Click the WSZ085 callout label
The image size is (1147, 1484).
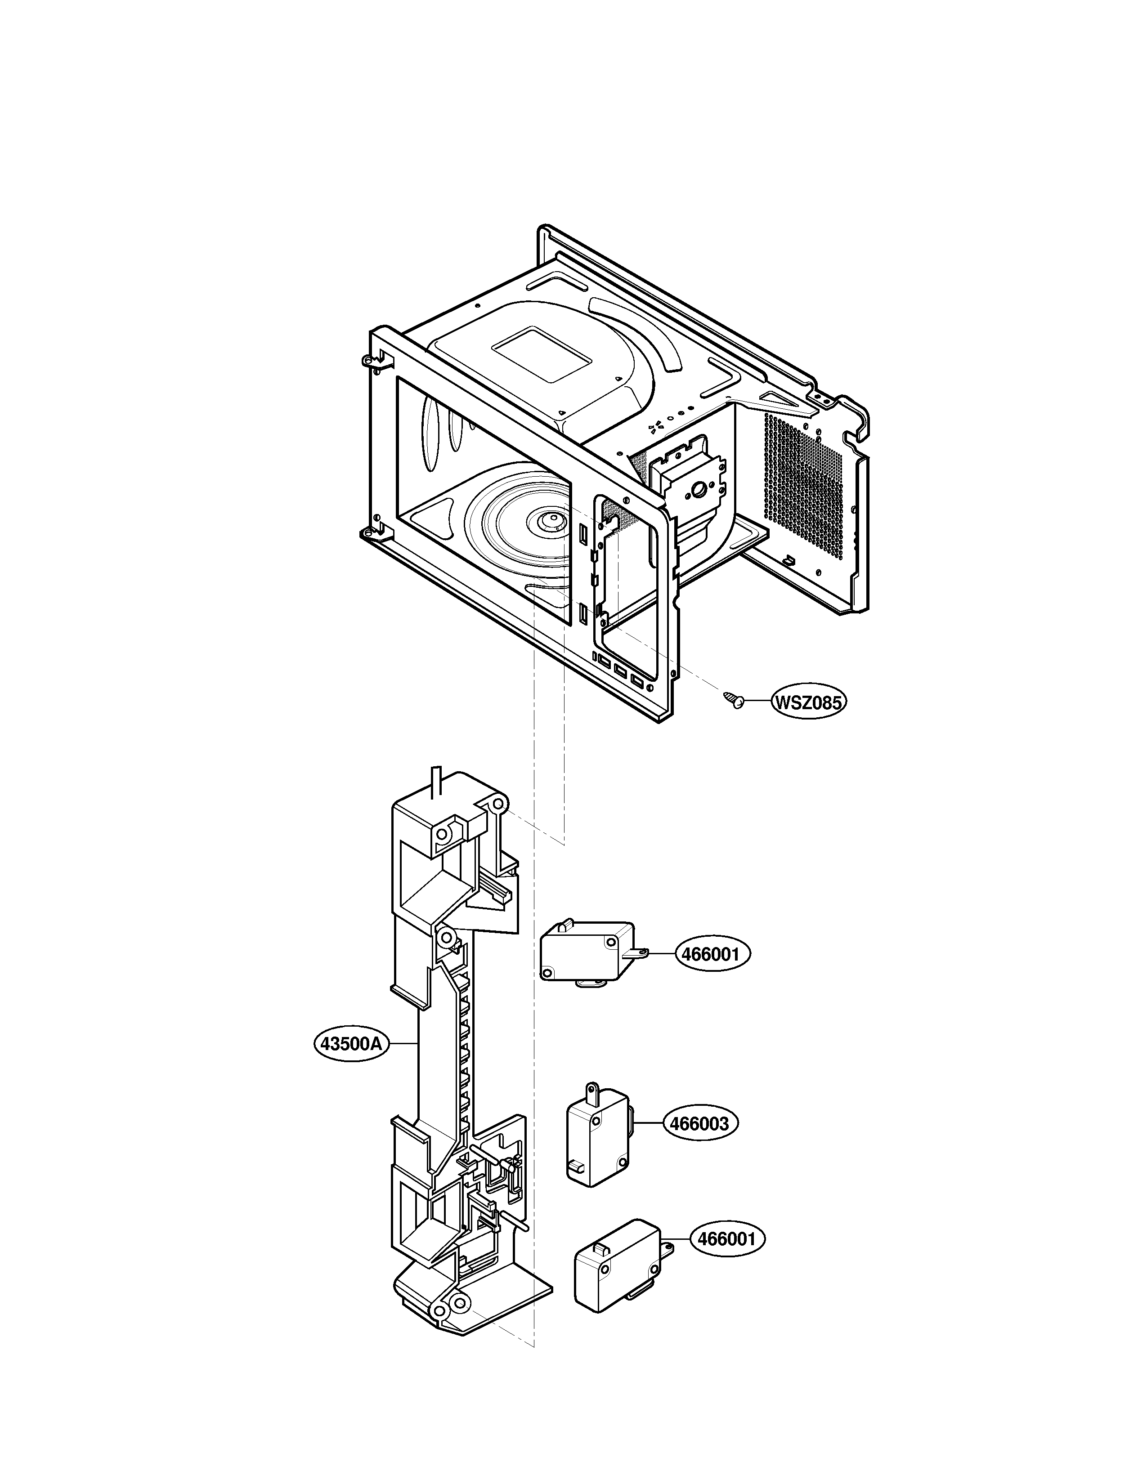(809, 702)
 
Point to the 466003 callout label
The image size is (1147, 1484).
(699, 1123)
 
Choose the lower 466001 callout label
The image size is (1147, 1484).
(726, 1239)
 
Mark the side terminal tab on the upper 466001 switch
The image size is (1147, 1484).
(636, 954)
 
